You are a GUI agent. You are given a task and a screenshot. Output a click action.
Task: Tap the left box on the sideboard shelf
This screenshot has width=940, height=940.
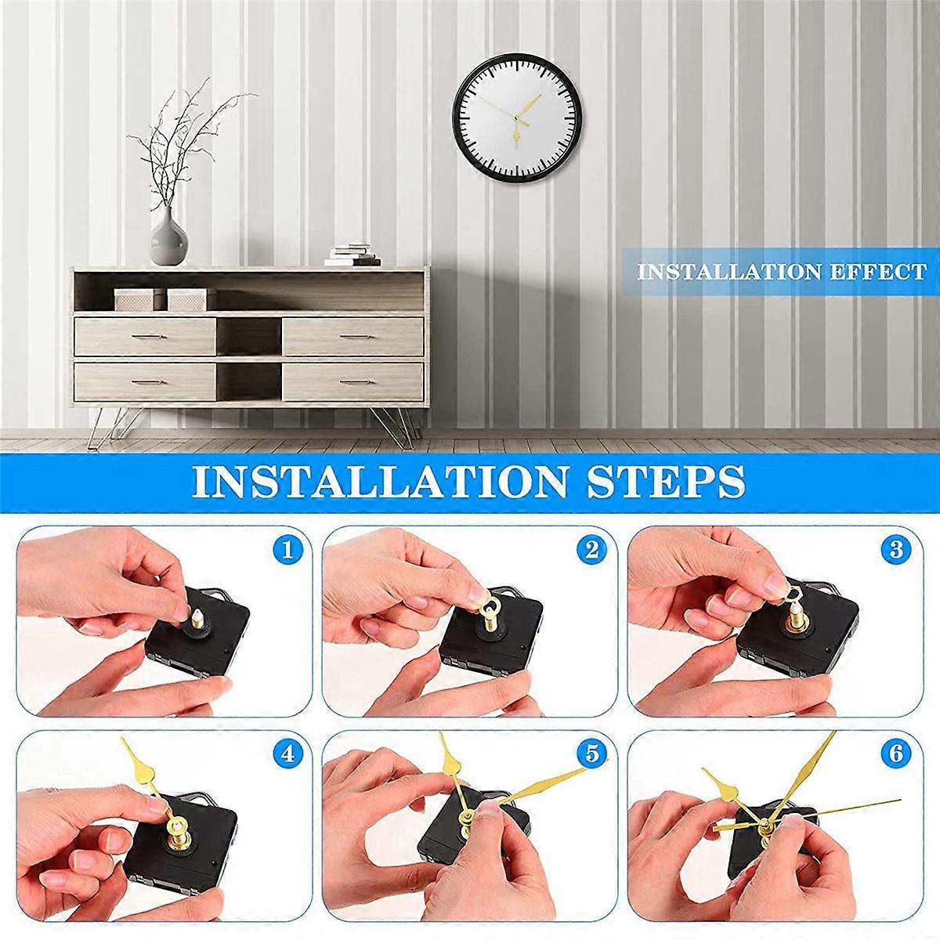[134, 298]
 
